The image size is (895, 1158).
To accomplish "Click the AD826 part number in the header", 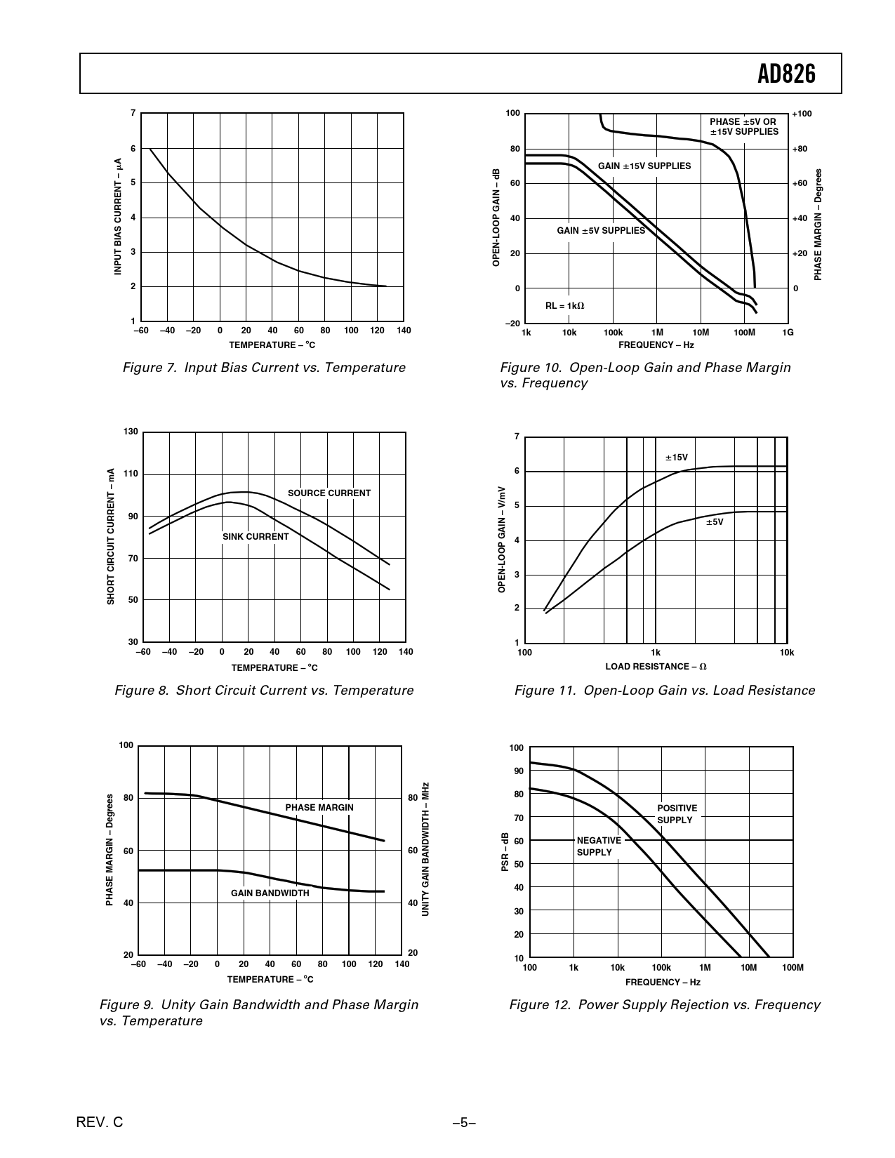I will point(786,74).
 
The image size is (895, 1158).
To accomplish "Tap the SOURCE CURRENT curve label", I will point(329,493).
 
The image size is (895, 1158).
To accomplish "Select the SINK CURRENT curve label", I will point(256,537).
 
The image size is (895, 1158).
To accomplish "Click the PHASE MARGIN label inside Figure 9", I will point(319,808).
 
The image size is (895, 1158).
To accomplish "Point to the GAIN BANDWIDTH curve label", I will point(270,893).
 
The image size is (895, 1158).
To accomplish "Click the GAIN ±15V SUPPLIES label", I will point(644,166).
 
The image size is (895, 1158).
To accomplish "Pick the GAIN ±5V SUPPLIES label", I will point(600,231).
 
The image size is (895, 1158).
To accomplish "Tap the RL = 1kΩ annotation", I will point(564,306).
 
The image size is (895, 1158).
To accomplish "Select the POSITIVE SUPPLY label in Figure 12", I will point(677,814).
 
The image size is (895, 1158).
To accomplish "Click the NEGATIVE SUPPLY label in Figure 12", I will point(598,846).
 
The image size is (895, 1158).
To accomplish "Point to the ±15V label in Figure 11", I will point(677,458).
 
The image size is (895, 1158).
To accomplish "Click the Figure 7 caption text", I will point(264,368).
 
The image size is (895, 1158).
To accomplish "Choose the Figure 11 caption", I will point(664,691).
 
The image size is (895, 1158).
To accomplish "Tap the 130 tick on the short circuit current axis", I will point(131,432).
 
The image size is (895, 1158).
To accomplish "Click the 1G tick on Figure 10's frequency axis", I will point(788,333).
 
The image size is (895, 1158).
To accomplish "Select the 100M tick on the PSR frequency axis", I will point(793,968).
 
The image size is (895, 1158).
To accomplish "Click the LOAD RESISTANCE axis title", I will point(656,667).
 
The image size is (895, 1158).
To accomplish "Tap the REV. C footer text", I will point(99,1122).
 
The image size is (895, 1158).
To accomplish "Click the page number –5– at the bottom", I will point(464,1122).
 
